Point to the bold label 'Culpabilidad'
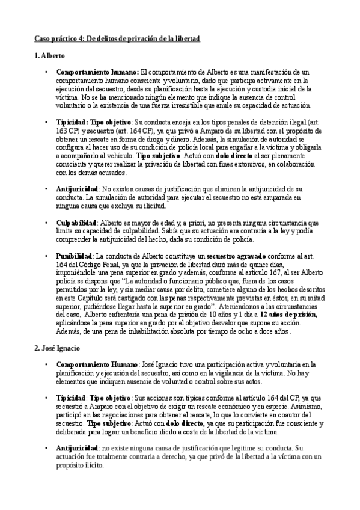coord(76,223)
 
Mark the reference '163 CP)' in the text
coord(69,129)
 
